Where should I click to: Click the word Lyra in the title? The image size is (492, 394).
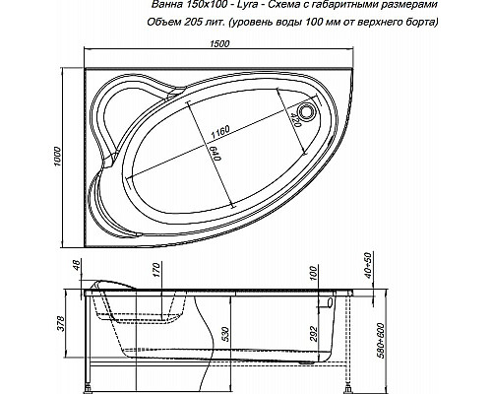[x=232, y=6]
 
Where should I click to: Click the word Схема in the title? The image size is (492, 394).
[x=279, y=6]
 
